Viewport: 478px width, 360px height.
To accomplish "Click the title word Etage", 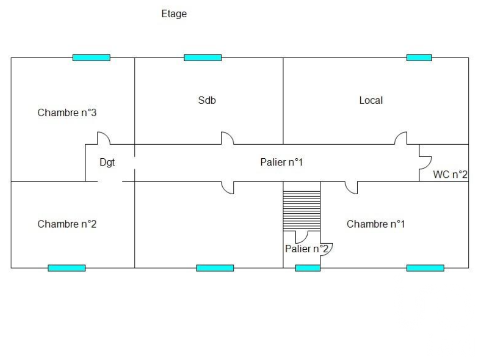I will coord(174,14).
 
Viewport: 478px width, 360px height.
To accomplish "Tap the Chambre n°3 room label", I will coord(67,113).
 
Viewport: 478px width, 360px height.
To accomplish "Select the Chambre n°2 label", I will coord(67,224).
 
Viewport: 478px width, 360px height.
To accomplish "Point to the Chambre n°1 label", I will coord(376,224).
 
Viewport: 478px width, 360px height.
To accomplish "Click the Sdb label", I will coord(207,100).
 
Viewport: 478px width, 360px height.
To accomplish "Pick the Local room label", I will coord(371,100).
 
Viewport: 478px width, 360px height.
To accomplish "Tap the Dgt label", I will coord(107,163).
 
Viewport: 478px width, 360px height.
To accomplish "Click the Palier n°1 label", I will coord(281,162).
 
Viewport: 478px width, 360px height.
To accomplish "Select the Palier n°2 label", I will coord(307,249).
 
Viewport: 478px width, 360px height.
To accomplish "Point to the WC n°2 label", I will coord(450,175).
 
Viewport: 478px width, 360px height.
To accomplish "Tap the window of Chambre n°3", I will coord(91,58).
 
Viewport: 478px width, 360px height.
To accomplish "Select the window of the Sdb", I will coord(203,58).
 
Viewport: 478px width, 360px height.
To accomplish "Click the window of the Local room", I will coord(419,58).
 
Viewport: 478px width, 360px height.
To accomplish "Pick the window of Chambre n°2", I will coord(67,268).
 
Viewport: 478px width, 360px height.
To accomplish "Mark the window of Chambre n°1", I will coord(425,268).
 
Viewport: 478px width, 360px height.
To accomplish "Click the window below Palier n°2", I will coord(308,268).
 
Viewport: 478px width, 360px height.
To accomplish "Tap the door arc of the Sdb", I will coord(227,138).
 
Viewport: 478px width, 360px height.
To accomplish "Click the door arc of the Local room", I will coord(401,138).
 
